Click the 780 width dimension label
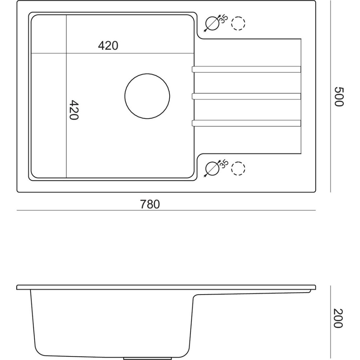click(150, 204)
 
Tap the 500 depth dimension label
click(338, 96)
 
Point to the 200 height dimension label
click(338, 318)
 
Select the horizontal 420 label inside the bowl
click(108, 46)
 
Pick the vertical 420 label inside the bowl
click(74, 110)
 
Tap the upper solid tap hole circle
click(206, 23)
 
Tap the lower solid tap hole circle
click(206, 169)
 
